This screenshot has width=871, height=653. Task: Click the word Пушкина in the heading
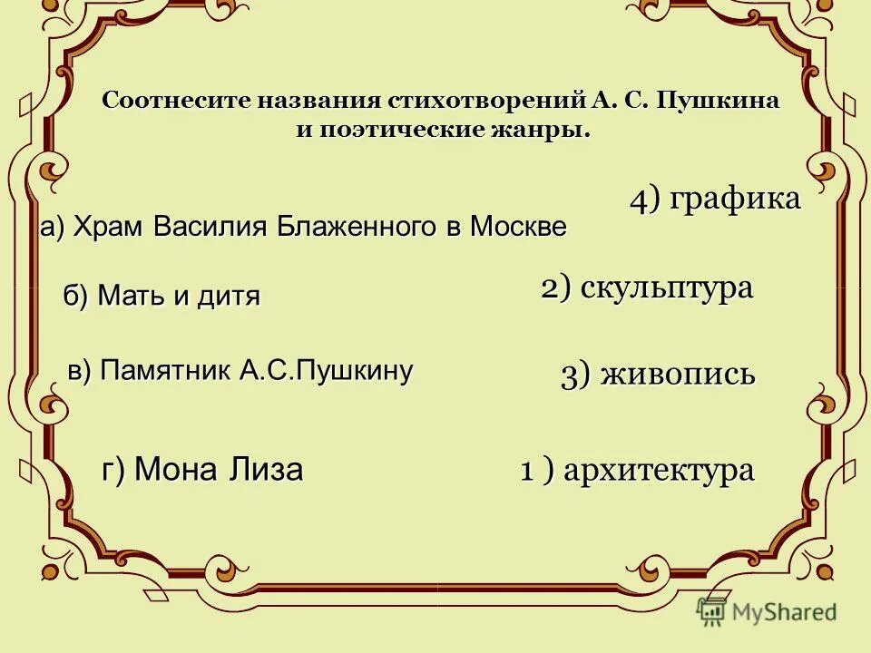pyautogui.click(x=724, y=101)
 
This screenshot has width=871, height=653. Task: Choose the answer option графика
pyautogui.click(x=735, y=200)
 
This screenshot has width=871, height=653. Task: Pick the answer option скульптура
pyautogui.click(x=667, y=288)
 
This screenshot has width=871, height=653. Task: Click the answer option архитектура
pyautogui.click(x=660, y=471)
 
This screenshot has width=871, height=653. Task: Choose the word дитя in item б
pyautogui.click(x=227, y=296)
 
